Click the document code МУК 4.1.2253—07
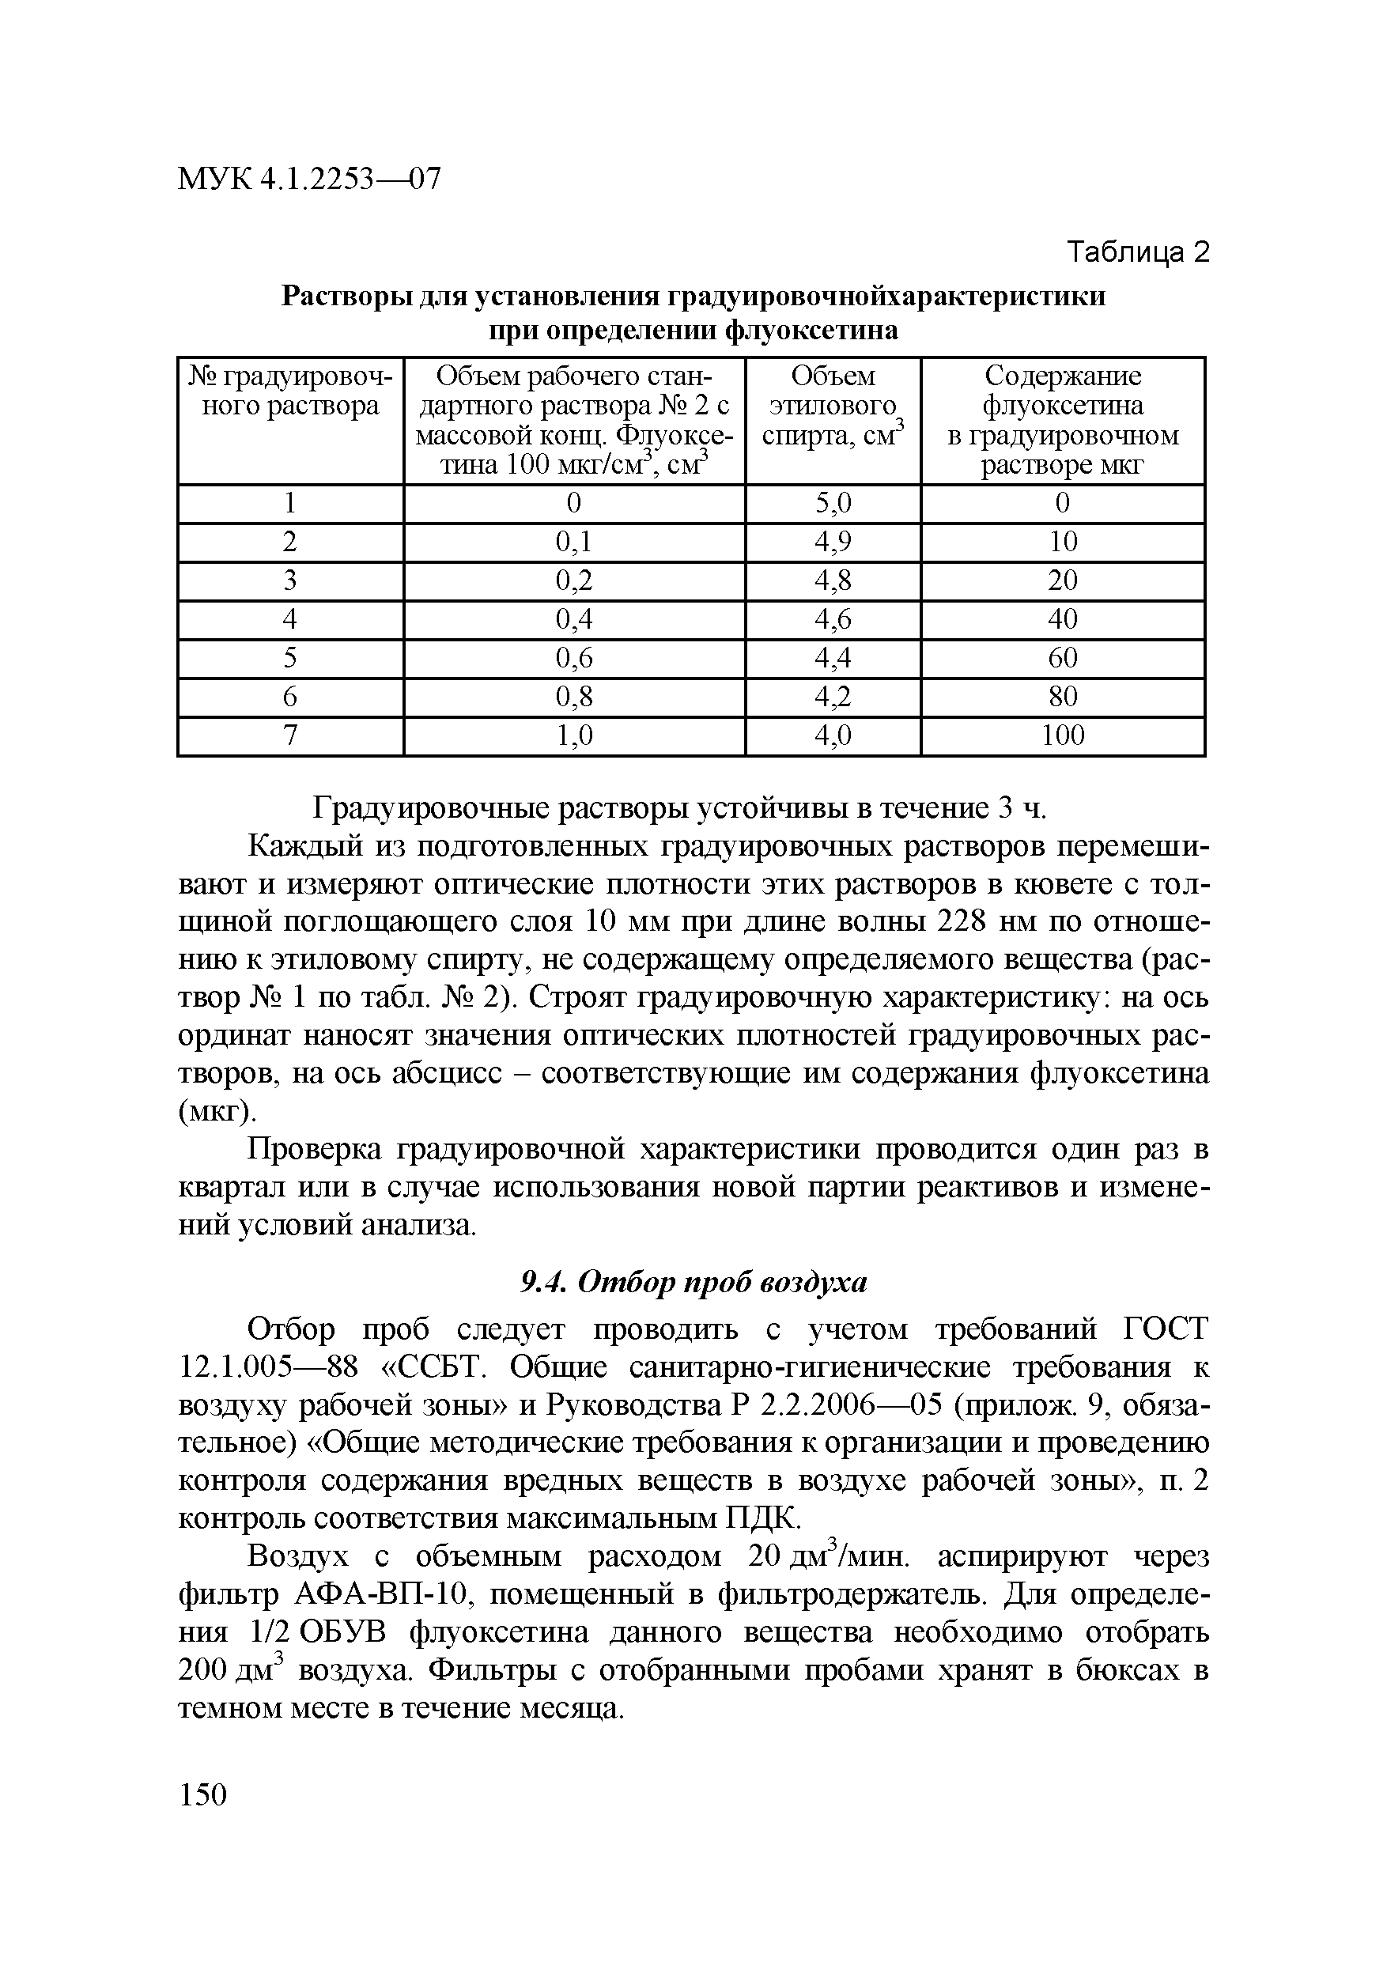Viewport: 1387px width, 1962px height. (309, 179)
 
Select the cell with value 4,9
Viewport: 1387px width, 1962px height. (833, 542)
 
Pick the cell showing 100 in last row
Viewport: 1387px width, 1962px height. (1062, 735)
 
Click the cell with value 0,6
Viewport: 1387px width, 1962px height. (574, 658)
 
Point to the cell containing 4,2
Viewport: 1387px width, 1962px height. (833, 697)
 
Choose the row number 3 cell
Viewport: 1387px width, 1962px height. (289, 581)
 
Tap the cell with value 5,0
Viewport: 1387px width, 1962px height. (833, 503)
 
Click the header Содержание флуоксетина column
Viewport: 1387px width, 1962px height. (1062, 420)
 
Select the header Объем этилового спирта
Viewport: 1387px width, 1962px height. (833, 406)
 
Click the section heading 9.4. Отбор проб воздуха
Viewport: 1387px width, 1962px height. (694, 1282)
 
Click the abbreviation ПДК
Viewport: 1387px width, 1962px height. (763, 1518)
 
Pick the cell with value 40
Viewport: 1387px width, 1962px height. (1062, 619)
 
